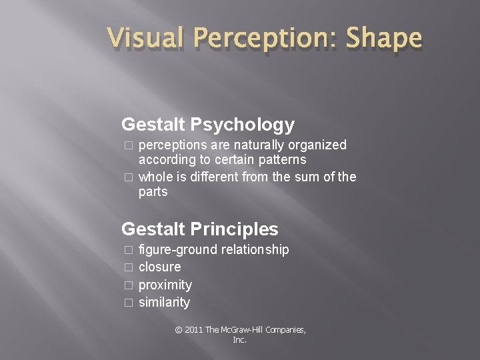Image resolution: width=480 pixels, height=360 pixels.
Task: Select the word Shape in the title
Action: (386, 39)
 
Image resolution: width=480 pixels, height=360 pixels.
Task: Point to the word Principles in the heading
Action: (234, 229)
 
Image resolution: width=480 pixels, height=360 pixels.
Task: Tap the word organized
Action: (317, 145)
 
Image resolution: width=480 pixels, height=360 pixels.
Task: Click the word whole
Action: (155, 177)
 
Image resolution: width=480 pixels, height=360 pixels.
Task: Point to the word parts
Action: (153, 193)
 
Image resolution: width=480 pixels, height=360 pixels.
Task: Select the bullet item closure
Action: (159, 267)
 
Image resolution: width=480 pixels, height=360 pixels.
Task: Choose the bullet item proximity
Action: (165, 285)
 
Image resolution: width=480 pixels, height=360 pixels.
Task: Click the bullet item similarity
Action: (164, 303)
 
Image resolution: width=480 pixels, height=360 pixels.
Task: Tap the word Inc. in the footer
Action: (239, 339)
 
